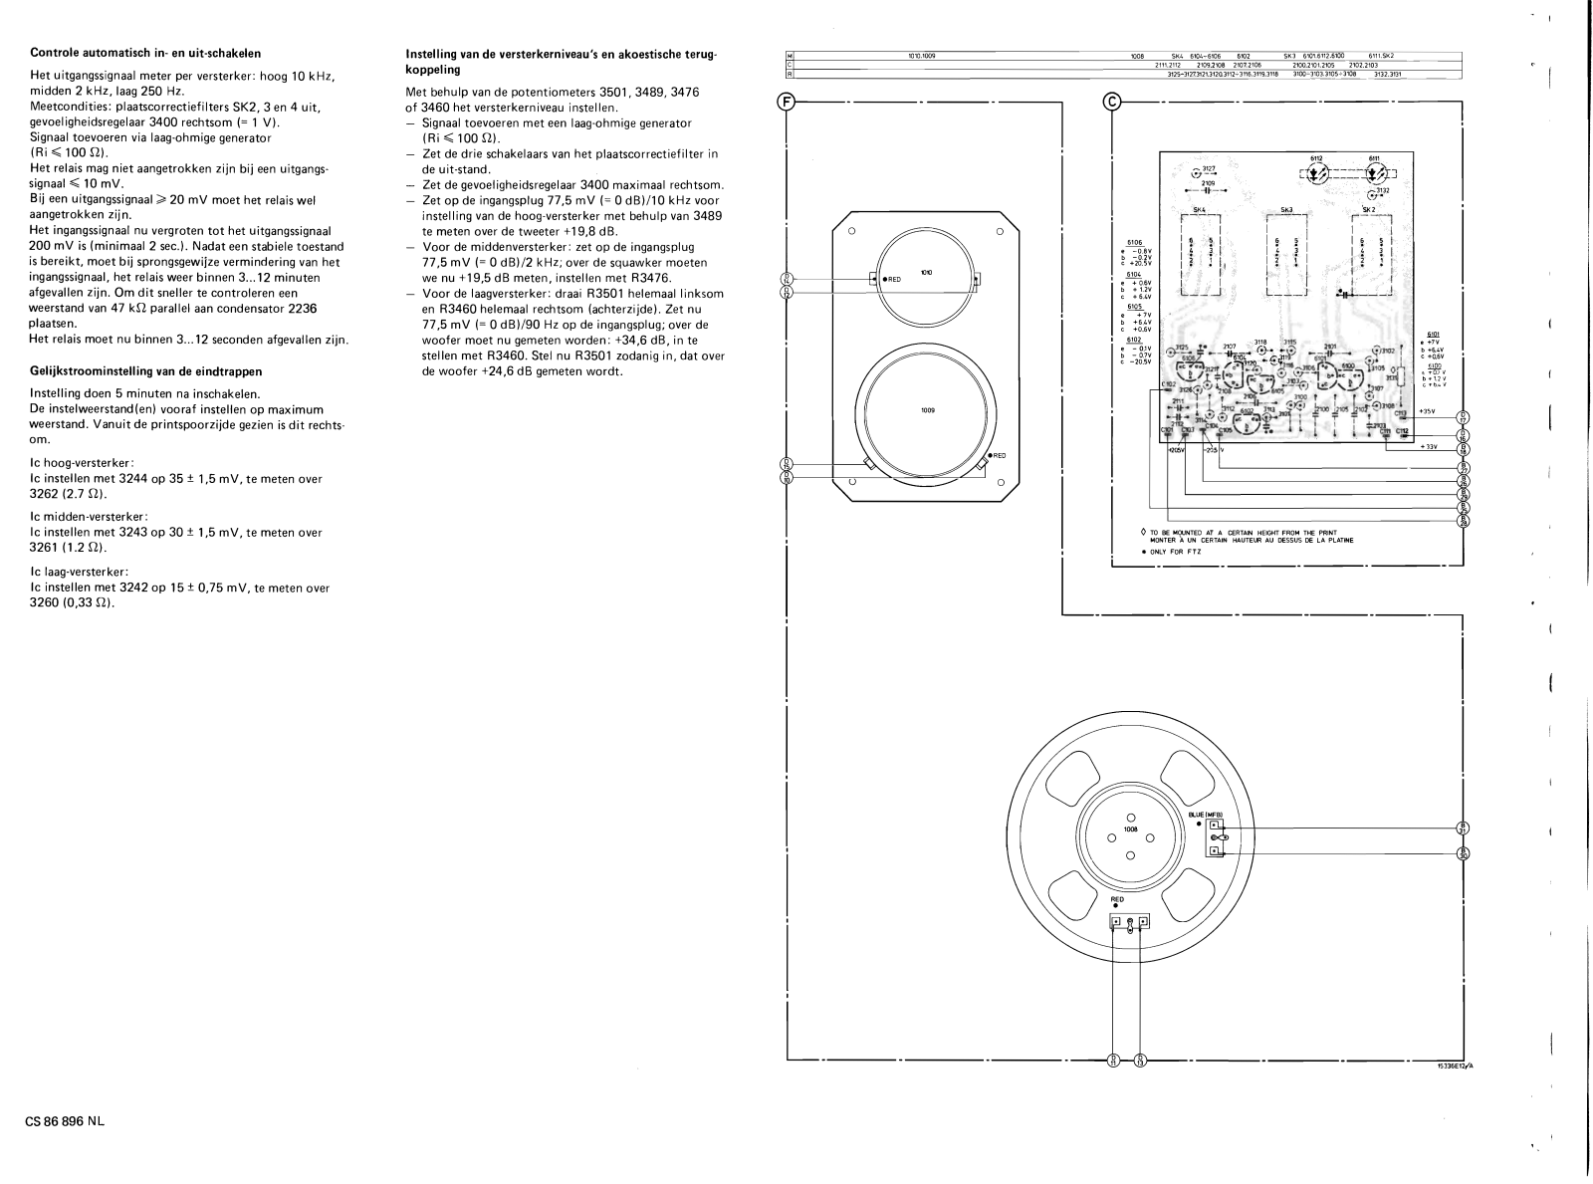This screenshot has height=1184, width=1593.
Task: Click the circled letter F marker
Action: (787, 102)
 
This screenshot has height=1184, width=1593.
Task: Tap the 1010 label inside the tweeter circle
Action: (927, 272)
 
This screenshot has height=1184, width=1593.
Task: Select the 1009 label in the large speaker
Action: (927, 410)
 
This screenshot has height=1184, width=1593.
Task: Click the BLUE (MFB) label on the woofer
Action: (1206, 814)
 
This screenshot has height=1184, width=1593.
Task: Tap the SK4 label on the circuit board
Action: (1198, 209)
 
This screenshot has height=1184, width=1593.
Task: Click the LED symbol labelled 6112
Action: (1315, 172)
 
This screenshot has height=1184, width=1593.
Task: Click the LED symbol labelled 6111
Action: (1375, 172)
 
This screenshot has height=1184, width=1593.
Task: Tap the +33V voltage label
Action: (1430, 446)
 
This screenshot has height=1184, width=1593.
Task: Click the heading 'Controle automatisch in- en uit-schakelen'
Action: (145, 53)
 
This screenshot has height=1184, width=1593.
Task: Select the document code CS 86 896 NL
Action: (65, 1121)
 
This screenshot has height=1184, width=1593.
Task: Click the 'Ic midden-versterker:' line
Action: (90, 516)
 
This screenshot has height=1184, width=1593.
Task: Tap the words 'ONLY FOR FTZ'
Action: (1178, 551)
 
